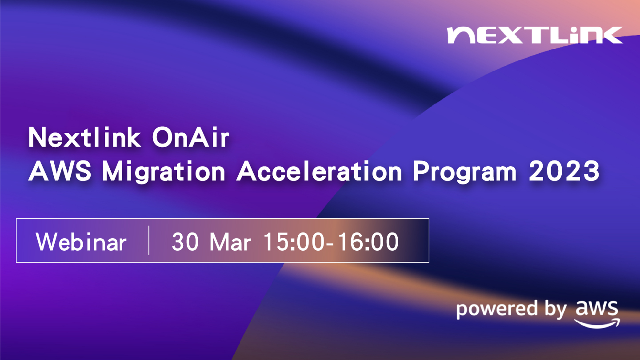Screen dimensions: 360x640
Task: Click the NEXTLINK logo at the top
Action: (535, 35)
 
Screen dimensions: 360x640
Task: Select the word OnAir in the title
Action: (191, 138)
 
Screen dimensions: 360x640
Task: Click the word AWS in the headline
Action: (60, 171)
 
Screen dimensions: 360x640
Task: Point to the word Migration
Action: (164, 172)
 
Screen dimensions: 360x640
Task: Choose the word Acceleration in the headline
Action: (319, 171)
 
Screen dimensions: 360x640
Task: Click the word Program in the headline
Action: (465, 172)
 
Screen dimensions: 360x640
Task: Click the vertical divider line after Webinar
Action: (149, 240)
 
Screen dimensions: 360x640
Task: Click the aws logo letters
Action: (597, 308)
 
